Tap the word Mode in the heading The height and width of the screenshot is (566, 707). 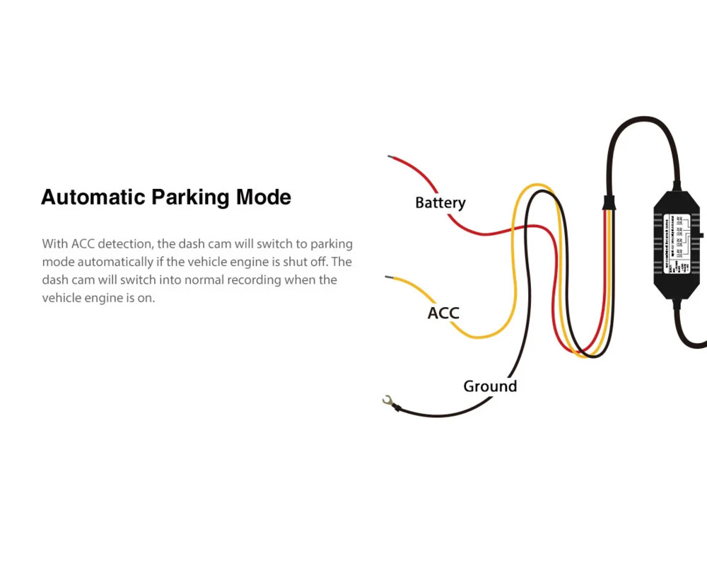tap(264, 197)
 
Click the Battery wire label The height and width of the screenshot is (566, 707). tap(440, 203)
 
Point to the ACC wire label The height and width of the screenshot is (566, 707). tap(443, 313)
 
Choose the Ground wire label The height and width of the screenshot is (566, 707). tap(490, 386)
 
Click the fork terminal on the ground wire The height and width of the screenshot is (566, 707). tap(387, 402)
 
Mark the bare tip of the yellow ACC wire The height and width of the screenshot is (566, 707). tap(387, 276)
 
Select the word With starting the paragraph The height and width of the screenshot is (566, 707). tap(54, 244)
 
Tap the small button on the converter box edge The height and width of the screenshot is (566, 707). tap(701, 233)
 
